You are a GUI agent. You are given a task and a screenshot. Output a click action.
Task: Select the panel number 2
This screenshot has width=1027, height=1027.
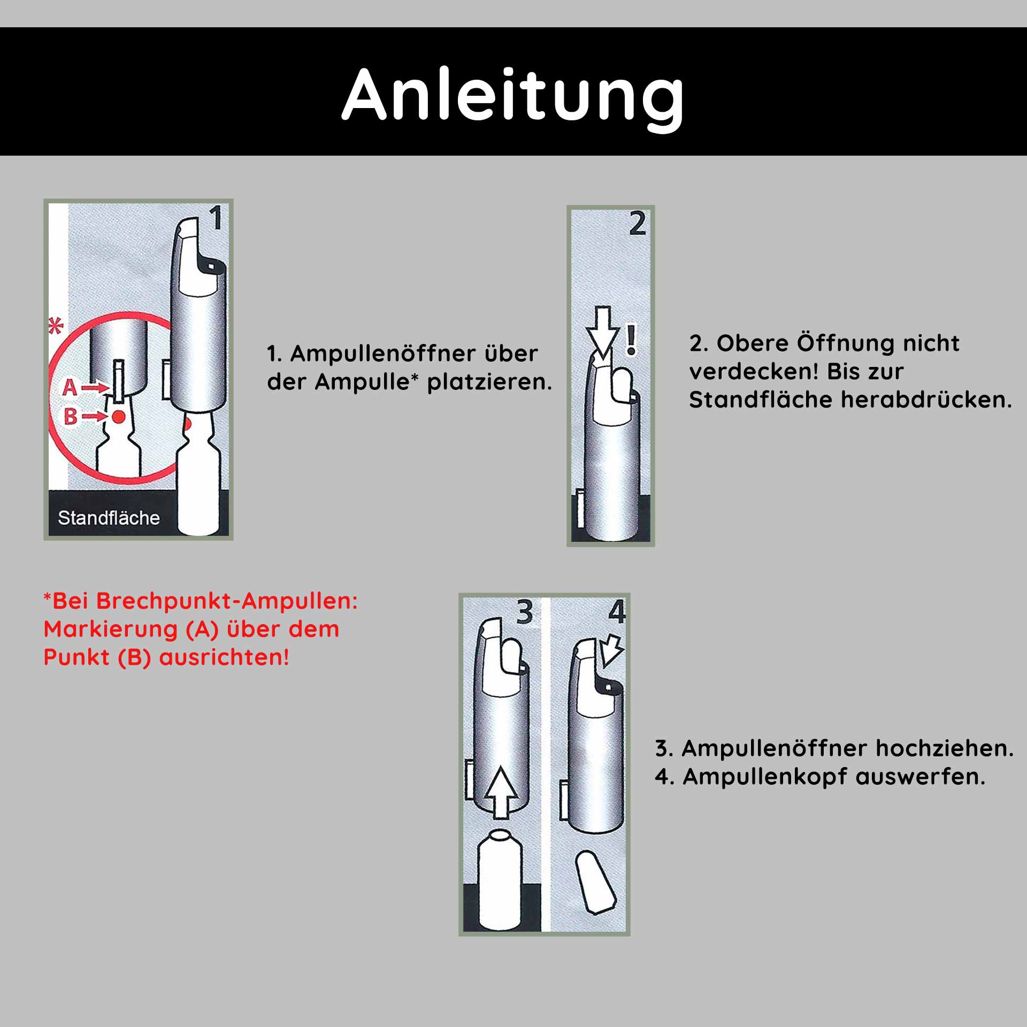(637, 224)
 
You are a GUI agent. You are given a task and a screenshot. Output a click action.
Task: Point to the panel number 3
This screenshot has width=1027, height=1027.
(524, 612)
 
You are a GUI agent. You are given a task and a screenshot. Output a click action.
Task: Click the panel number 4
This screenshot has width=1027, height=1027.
(617, 612)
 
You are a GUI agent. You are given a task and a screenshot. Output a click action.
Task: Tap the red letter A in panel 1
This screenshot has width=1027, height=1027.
(70, 387)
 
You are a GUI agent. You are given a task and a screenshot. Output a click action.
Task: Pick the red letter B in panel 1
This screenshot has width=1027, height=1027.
(71, 416)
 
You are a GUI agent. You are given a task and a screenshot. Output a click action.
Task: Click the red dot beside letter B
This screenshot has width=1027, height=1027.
(119, 416)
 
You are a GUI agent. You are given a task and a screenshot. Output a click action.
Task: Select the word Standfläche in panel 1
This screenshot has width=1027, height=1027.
(109, 518)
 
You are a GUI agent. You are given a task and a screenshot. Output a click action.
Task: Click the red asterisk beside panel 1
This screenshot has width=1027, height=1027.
(56, 326)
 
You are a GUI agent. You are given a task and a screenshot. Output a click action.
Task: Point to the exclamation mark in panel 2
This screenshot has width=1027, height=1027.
(632, 341)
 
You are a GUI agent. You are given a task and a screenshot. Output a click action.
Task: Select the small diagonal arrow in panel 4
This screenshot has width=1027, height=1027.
(612, 651)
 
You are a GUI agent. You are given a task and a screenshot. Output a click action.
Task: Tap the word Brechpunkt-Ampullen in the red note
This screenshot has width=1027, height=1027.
(205, 601)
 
